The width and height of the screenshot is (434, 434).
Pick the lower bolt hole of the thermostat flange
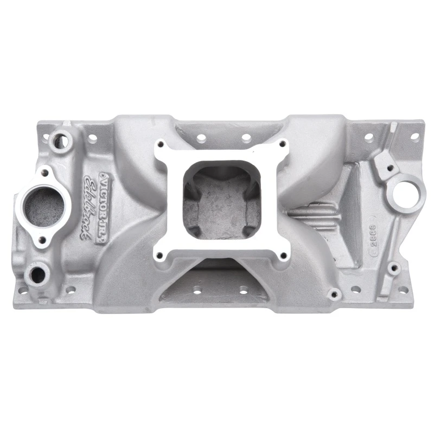[x=42, y=239]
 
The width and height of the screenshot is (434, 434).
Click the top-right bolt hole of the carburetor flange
[x=282, y=144]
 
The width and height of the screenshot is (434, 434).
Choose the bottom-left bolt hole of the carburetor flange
[x=159, y=255]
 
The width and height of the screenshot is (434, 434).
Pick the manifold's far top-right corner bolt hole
[x=414, y=136]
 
